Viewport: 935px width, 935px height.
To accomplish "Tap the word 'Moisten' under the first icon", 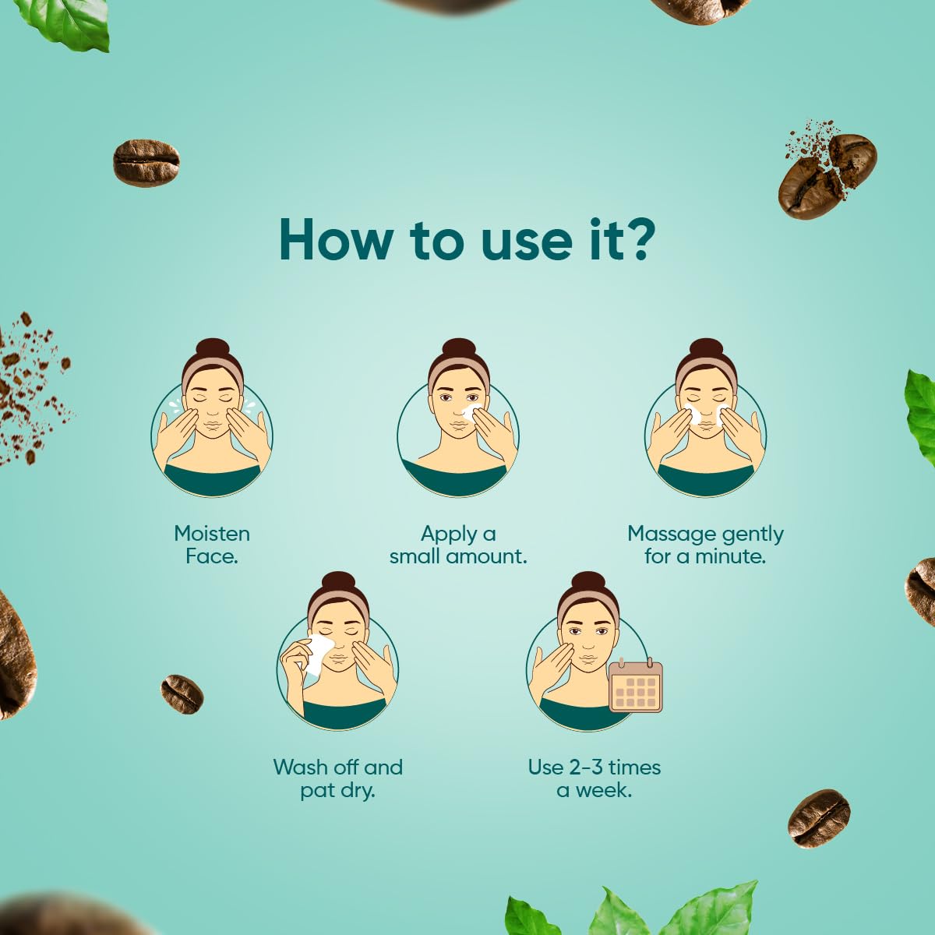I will point(212,534).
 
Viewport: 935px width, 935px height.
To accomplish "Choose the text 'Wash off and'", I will point(337,767).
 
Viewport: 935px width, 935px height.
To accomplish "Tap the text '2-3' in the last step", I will point(587,767).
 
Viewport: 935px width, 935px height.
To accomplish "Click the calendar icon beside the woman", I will point(635,686).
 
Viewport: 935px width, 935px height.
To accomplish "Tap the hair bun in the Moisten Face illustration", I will point(212,349).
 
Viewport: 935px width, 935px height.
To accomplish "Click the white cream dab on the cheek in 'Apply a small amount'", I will point(469,411).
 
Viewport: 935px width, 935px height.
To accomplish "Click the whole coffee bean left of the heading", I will point(146,162).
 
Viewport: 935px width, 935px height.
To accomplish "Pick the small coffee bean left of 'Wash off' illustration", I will point(182,693).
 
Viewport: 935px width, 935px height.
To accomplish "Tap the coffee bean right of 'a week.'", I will point(818,817).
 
